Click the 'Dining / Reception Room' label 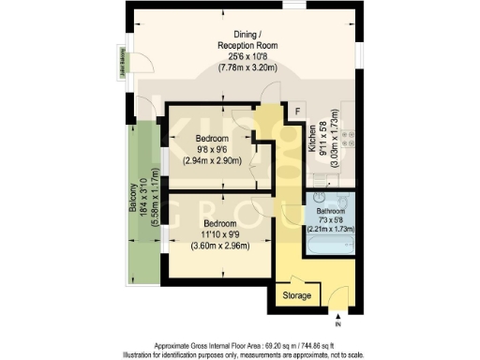coord(247,38)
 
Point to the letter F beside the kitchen coord(297,112)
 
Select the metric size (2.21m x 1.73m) coord(332,228)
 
